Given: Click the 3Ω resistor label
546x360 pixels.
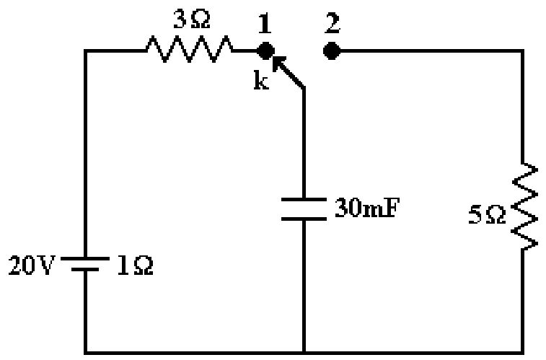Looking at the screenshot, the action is (192, 19).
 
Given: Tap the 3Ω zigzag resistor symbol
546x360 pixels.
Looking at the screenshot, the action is (190, 50).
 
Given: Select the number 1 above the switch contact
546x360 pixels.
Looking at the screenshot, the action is (265, 24).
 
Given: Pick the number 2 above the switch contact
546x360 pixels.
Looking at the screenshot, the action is (333, 23).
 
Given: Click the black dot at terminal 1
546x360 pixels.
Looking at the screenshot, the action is (265, 51).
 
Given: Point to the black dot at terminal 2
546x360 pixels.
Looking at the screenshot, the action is (332, 51).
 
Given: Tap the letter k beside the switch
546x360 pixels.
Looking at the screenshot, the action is (262, 80).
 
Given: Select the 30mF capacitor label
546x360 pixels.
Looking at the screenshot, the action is (366, 208).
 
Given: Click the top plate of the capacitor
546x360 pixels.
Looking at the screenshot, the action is (304, 200).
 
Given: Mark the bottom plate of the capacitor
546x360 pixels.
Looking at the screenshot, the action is (304, 219).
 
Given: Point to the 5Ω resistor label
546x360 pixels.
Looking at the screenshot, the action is (486, 215).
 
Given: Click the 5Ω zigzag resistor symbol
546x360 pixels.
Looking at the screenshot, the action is (525, 206).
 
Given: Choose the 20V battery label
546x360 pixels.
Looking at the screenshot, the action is (32, 265).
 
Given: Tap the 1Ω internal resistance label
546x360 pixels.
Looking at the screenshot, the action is (135, 265).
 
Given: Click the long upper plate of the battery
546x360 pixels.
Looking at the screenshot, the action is (85, 258).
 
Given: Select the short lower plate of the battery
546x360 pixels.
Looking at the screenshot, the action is (85, 270).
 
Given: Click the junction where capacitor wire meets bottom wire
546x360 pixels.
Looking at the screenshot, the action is (304, 352).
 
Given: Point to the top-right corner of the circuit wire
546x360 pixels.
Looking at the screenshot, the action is (522, 51).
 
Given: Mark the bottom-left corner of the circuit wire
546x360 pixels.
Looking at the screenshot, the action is (85, 352).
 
